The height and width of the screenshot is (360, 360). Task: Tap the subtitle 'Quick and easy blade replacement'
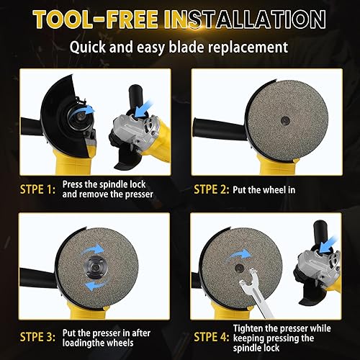tap(180, 49)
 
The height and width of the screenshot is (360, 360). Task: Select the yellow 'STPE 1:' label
tap(32, 190)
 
